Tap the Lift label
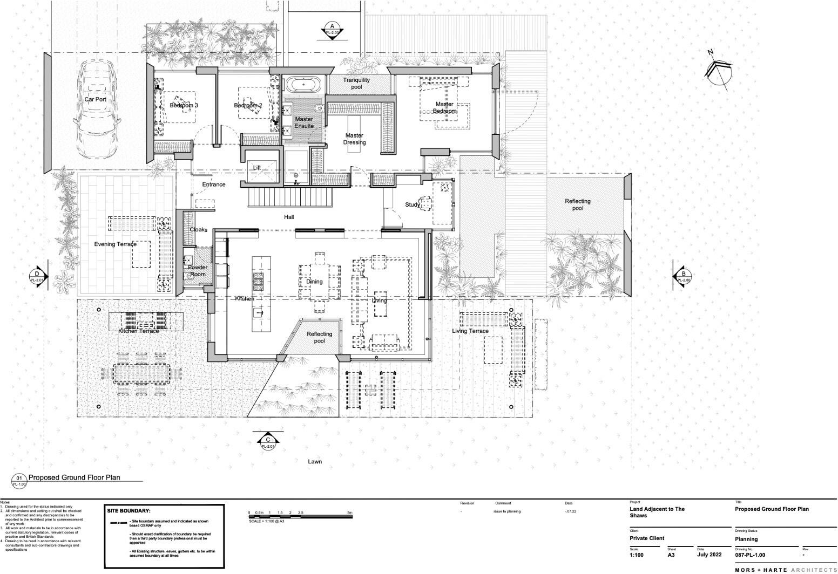[257, 168]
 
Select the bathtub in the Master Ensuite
[303, 85]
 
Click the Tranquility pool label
[356, 83]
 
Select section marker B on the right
[682, 276]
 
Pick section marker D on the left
[37, 276]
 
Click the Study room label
[412, 204]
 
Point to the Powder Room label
[198, 271]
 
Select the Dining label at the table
[314, 281]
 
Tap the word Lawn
[315, 461]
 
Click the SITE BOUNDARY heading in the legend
[129, 510]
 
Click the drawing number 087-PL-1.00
[750, 555]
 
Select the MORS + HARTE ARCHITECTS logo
[785, 570]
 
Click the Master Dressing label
[354, 139]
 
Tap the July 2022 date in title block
[709, 555]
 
